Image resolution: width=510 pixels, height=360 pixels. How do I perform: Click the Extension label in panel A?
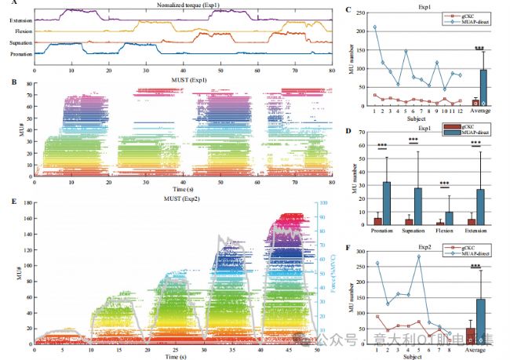click(x=18, y=16)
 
